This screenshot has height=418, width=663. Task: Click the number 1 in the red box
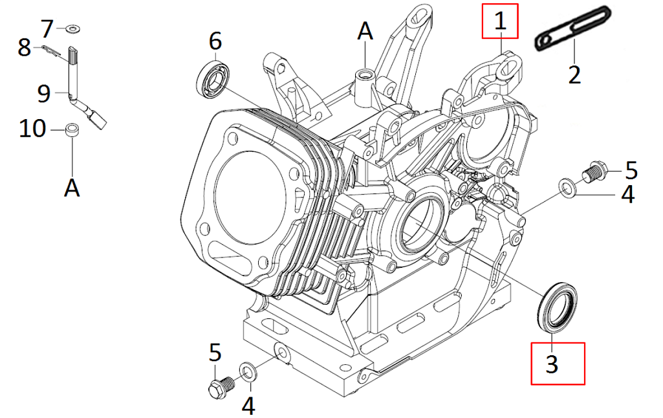coord(500,21)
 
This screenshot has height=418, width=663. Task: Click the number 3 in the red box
coord(552,364)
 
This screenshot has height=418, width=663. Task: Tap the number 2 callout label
coord(574,74)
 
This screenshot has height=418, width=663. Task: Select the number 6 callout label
coord(215,41)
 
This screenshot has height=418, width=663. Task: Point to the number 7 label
coord(48,28)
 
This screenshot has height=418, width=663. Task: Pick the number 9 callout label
coord(43,94)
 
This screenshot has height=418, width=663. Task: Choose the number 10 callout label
coord(32,129)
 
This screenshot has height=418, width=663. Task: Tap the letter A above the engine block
coord(365,30)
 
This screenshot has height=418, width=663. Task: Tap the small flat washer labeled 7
coord(71,28)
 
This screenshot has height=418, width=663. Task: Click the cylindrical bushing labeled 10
coord(72,131)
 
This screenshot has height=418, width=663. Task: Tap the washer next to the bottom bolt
coord(247,371)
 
